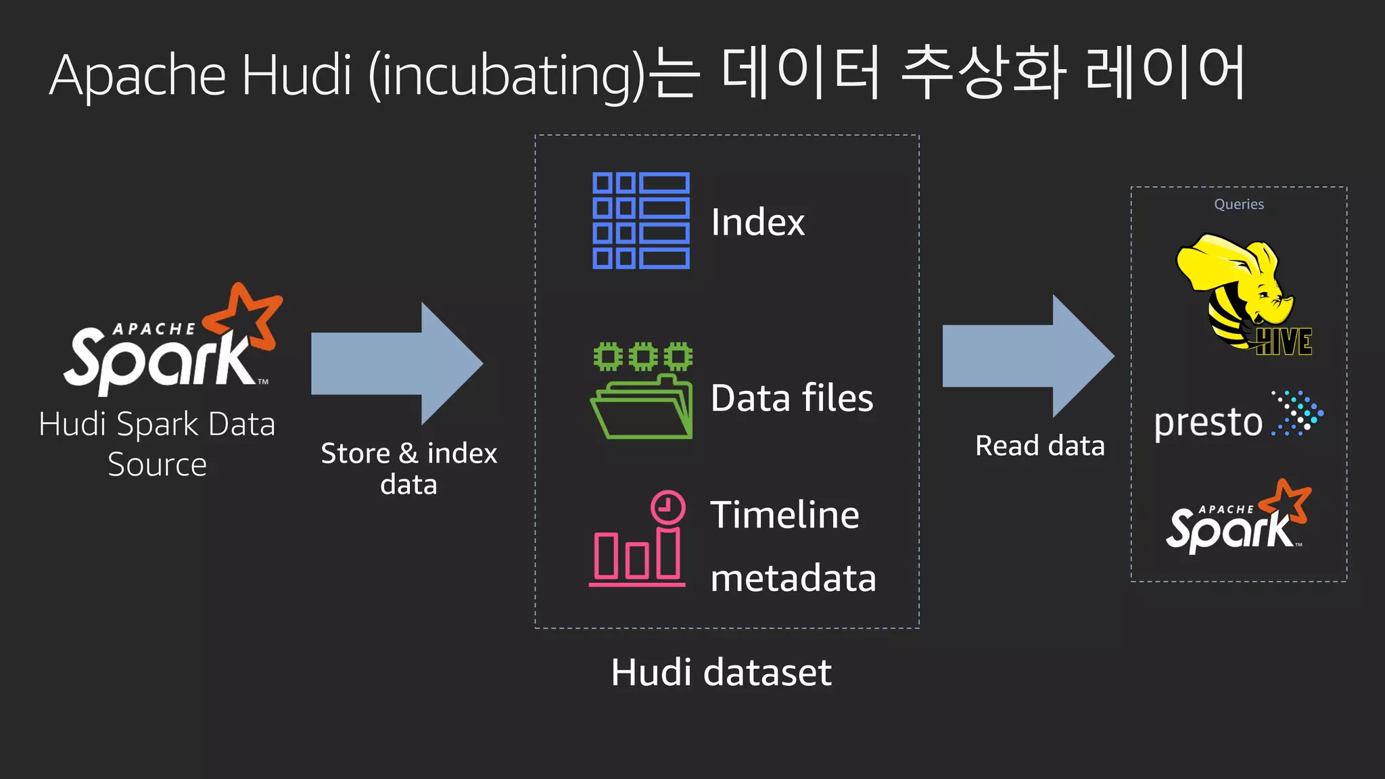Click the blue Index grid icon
(x=641, y=220)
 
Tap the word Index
(x=757, y=222)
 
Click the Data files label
(x=792, y=398)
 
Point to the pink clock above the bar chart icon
(x=667, y=506)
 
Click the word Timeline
(x=784, y=515)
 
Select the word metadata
(x=793, y=579)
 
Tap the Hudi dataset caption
(x=721, y=672)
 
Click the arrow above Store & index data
(x=396, y=363)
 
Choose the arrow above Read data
(x=1027, y=356)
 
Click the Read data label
(x=1039, y=446)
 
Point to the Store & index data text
(x=408, y=469)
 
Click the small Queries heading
(x=1238, y=204)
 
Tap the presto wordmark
(x=1208, y=423)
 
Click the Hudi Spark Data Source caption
(x=157, y=444)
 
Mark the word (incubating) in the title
(x=507, y=76)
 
